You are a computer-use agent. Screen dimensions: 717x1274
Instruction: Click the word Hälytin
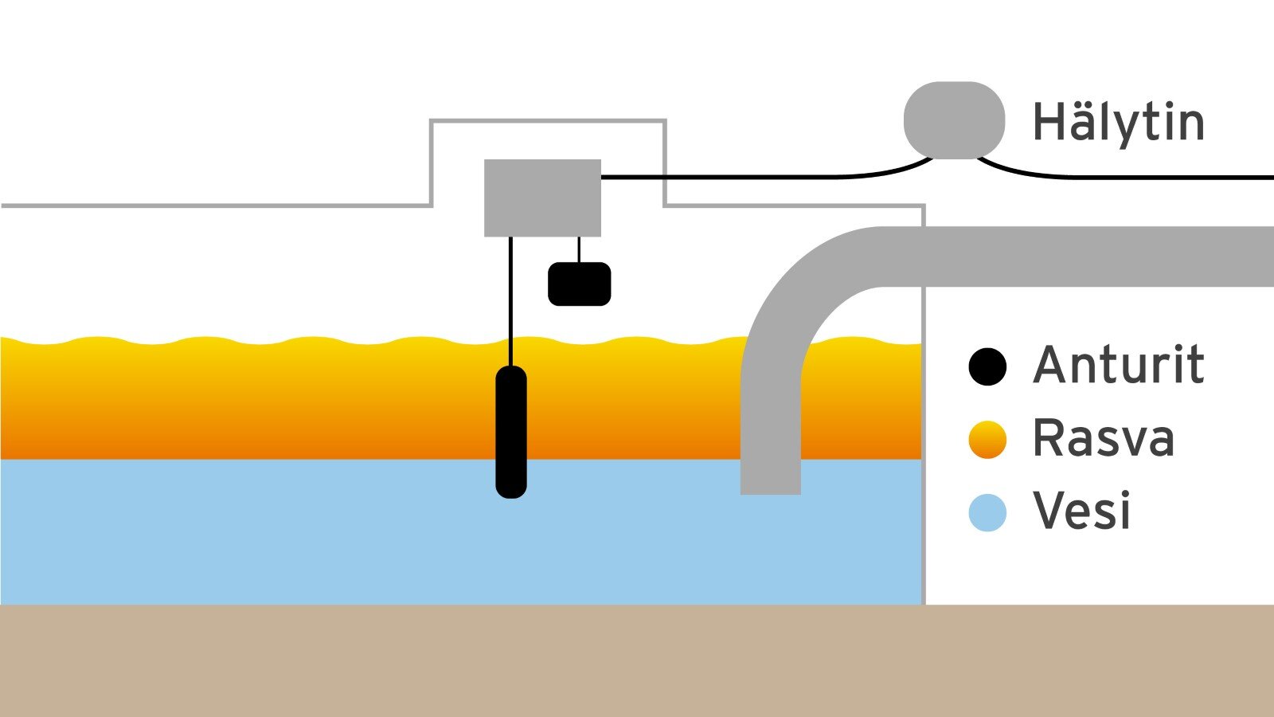coord(1118,123)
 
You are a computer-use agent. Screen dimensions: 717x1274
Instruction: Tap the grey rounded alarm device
coord(954,120)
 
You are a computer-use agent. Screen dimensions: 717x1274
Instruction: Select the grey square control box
coord(542,198)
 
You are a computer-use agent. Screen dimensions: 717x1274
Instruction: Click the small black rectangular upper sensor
coord(579,284)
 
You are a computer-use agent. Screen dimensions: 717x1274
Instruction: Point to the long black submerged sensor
coord(511,431)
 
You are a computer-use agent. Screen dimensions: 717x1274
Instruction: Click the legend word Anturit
coord(1118,366)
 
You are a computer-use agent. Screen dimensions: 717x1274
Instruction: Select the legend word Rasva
coord(1103,438)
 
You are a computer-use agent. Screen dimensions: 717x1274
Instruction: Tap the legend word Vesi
coord(1081,511)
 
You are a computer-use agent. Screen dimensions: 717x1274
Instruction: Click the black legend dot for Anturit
coord(987,366)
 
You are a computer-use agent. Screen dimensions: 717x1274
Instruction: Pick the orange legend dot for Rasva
coord(987,440)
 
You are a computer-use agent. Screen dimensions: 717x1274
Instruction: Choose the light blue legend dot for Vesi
coord(987,512)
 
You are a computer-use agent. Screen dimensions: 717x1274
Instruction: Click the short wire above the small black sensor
coord(579,249)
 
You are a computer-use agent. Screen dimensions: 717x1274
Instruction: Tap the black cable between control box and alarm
coord(756,177)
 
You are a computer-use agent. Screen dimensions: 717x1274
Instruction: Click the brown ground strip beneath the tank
coord(637,661)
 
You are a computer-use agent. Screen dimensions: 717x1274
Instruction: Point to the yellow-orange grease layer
coord(239,398)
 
